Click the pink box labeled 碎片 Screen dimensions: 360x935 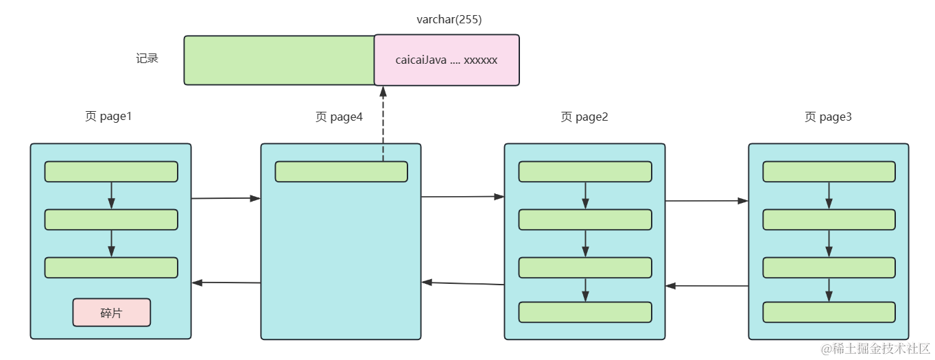coord(111,313)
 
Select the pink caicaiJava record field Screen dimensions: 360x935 coord(447,60)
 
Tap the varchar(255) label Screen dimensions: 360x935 coord(449,20)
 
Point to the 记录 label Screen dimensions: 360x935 coord(147,58)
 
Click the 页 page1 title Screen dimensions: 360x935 coord(108,117)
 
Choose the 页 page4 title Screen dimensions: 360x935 coord(339,117)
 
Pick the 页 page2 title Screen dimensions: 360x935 coord(584,117)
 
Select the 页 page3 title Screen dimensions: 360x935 coord(828,117)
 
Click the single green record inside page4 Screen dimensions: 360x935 coord(341,171)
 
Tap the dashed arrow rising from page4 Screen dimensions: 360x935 coord(383,123)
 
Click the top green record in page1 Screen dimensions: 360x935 coord(111,171)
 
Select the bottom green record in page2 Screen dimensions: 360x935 coord(584,312)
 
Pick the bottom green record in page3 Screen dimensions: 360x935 coord(829,312)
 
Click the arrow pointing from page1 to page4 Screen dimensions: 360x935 coord(226,198)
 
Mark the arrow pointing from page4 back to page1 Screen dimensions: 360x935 coord(226,283)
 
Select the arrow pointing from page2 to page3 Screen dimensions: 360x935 coord(707,201)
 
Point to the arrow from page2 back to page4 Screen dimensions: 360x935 coord(463,283)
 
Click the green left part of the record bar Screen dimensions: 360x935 coord(279,60)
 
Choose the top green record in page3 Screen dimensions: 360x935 coord(829,171)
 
